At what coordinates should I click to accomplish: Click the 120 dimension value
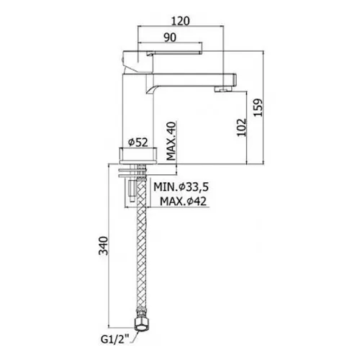(x=181, y=21)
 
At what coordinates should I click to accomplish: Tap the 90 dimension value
(x=170, y=37)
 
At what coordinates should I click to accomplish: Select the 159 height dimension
(x=258, y=107)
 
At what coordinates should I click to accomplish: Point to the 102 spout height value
(x=242, y=127)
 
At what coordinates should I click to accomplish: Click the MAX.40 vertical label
(x=171, y=141)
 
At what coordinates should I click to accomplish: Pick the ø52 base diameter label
(x=138, y=143)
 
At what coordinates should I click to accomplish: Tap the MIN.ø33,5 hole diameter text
(x=181, y=187)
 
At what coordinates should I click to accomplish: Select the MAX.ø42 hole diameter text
(x=183, y=202)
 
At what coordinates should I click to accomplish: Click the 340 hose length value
(x=104, y=246)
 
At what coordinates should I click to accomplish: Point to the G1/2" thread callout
(x=114, y=339)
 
